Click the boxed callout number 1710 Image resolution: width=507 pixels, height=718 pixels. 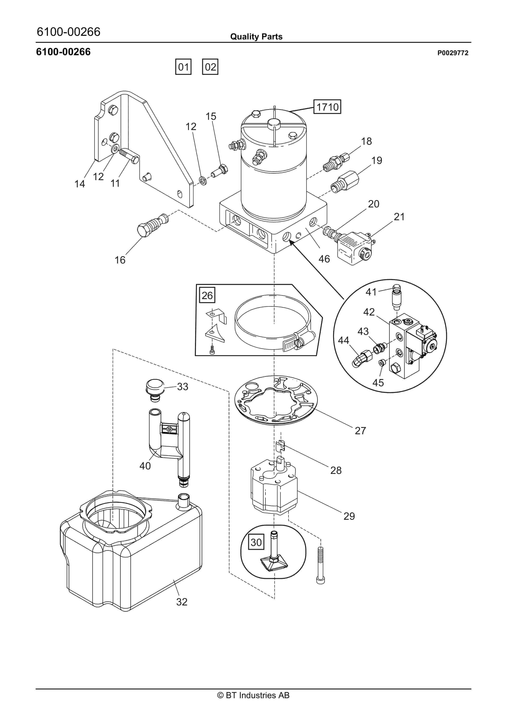(327, 107)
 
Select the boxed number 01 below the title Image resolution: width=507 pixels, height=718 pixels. (183, 67)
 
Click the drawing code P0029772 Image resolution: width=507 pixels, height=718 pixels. (453, 53)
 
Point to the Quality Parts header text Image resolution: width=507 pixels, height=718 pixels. (256, 37)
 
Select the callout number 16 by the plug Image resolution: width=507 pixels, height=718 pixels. (120, 260)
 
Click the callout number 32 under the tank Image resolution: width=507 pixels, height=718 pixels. (182, 602)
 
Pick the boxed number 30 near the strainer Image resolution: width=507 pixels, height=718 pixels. (256, 542)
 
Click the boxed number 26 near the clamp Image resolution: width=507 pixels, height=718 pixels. (207, 295)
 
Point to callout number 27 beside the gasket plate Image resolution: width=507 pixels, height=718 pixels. (360, 431)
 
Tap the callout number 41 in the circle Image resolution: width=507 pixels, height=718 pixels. (371, 292)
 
